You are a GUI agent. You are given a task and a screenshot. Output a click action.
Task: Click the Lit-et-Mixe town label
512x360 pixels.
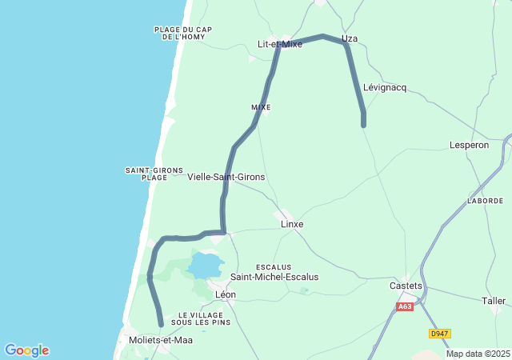(x=280, y=44)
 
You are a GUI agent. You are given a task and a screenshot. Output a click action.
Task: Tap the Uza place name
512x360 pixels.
(x=349, y=38)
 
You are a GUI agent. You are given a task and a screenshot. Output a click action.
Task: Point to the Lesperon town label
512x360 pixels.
(x=470, y=145)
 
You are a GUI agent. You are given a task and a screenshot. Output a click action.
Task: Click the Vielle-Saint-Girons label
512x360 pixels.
(x=226, y=177)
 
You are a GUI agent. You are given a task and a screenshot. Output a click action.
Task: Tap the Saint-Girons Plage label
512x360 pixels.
(x=154, y=174)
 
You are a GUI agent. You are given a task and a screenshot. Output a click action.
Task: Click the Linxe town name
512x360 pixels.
(x=292, y=224)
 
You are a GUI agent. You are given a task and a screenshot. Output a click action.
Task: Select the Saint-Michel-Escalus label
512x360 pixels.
(x=274, y=277)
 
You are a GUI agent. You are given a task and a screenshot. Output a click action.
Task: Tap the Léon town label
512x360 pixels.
(x=226, y=294)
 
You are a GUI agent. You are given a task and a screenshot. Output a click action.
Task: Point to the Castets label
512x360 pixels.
(x=405, y=286)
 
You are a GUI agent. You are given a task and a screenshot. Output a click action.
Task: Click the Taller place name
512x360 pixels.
(x=494, y=301)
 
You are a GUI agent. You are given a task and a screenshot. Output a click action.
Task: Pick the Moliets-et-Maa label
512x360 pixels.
(x=160, y=340)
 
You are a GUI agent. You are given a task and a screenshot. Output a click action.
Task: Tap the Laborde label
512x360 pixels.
(x=486, y=201)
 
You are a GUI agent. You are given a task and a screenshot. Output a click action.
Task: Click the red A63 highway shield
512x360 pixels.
(x=405, y=306)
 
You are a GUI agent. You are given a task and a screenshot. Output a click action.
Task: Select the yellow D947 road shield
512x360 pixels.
(x=439, y=334)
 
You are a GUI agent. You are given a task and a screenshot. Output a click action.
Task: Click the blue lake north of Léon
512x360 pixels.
(x=206, y=264)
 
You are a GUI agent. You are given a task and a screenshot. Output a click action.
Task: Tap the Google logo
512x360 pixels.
(x=26, y=350)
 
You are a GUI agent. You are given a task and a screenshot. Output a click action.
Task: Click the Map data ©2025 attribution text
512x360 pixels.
(x=477, y=354)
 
